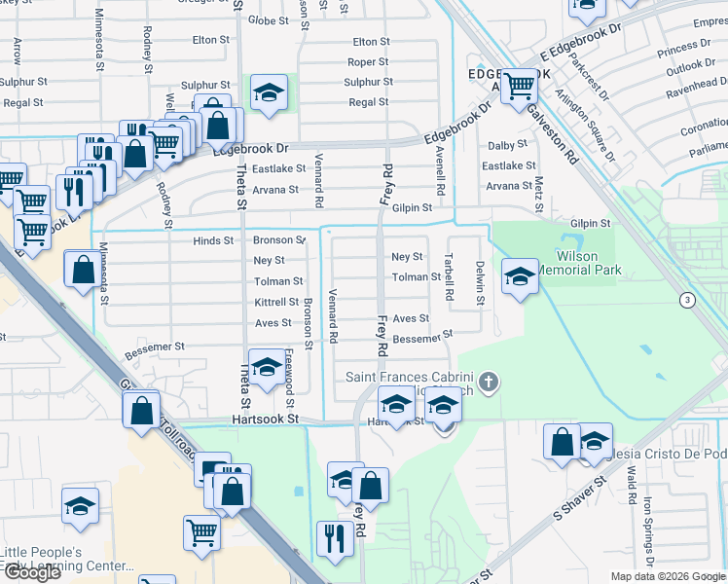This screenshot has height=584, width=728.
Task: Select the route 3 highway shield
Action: (687, 300)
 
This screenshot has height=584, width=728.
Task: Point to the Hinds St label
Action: (213, 240)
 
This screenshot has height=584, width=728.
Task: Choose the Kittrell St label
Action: (275, 303)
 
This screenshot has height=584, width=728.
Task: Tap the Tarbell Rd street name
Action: (449, 276)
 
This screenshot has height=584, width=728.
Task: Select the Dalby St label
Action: (507, 145)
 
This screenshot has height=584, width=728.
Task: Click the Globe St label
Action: (268, 19)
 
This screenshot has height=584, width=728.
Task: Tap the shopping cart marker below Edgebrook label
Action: (520, 88)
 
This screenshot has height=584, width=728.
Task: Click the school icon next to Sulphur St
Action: (269, 92)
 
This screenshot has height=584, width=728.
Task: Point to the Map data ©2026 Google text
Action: (667, 576)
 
